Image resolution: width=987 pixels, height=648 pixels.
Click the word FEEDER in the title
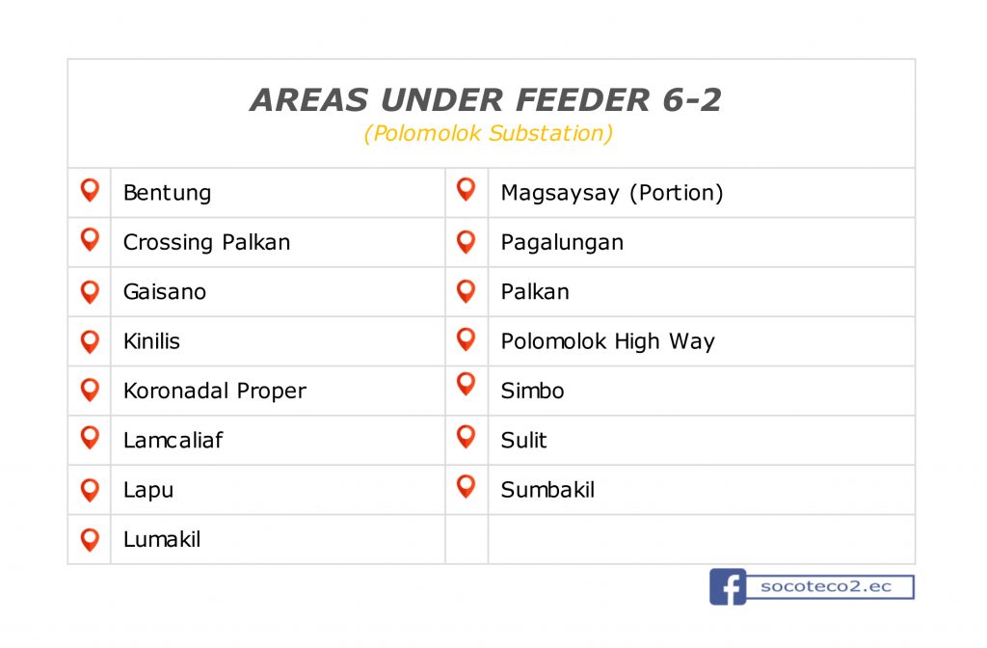point(582,100)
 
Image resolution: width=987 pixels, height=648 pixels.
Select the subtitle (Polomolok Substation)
point(489,133)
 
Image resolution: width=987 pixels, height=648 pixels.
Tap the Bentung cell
point(167,193)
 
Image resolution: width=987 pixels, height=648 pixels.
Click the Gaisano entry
point(164,291)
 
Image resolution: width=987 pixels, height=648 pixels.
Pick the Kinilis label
point(151,341)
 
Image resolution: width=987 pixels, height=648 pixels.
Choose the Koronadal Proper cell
point(215,391)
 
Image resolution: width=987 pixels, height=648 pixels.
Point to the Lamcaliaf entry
point(173,440)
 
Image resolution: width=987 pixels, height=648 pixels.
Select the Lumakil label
point(162,540)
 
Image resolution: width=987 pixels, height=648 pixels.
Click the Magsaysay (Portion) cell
point(612,193)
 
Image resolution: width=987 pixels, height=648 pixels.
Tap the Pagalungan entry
point(562,243)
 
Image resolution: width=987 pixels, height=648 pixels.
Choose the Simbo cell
point(532,391)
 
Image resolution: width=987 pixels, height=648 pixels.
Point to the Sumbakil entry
point(547,490)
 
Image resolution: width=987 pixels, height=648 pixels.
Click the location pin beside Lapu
point(90,490)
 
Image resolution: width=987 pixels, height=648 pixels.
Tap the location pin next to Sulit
point(466,437)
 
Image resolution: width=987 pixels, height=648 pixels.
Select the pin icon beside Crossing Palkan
point(90,239)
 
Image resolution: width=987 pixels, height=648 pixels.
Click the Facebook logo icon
point(728,587)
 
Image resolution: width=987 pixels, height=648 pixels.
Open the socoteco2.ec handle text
point(826,587)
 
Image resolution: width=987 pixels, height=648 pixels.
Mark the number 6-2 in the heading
point(692,100)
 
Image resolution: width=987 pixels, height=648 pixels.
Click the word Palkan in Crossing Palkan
point(256,242)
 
